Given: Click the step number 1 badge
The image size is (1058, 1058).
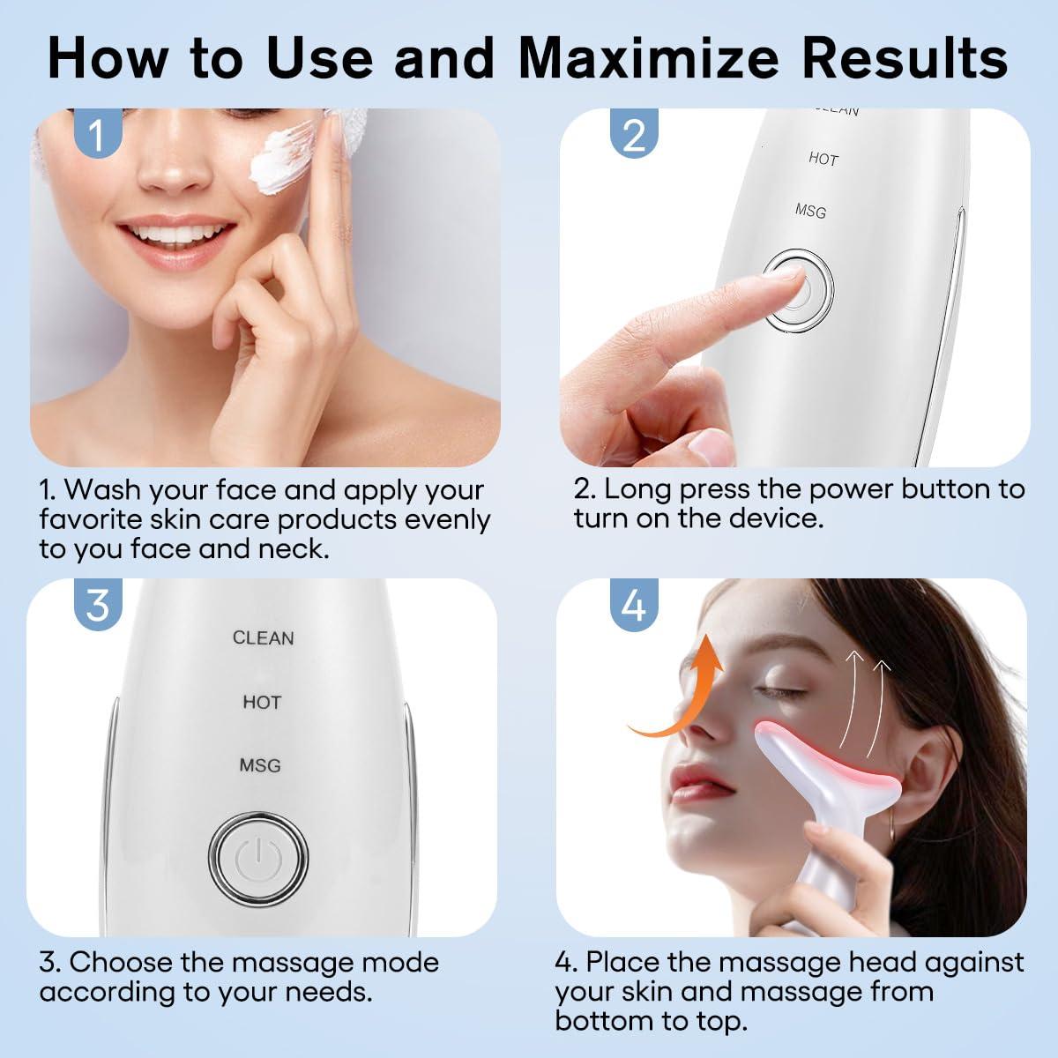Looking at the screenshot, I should click(99, 135).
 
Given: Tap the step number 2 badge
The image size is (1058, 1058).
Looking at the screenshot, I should click(634, 135).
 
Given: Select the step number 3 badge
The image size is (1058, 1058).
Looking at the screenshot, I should click(99, 605).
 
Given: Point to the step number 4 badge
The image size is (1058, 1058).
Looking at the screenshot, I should click(634, 605).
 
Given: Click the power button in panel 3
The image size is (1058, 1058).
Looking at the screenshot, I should click(261, 853).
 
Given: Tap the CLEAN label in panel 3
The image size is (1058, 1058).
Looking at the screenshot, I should click(263, 637).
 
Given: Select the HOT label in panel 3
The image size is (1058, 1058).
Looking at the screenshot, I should click(262, 702).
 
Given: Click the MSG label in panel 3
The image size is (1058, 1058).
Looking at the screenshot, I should click(260, 764).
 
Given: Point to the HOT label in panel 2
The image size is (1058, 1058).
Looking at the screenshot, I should click(823, 159).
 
